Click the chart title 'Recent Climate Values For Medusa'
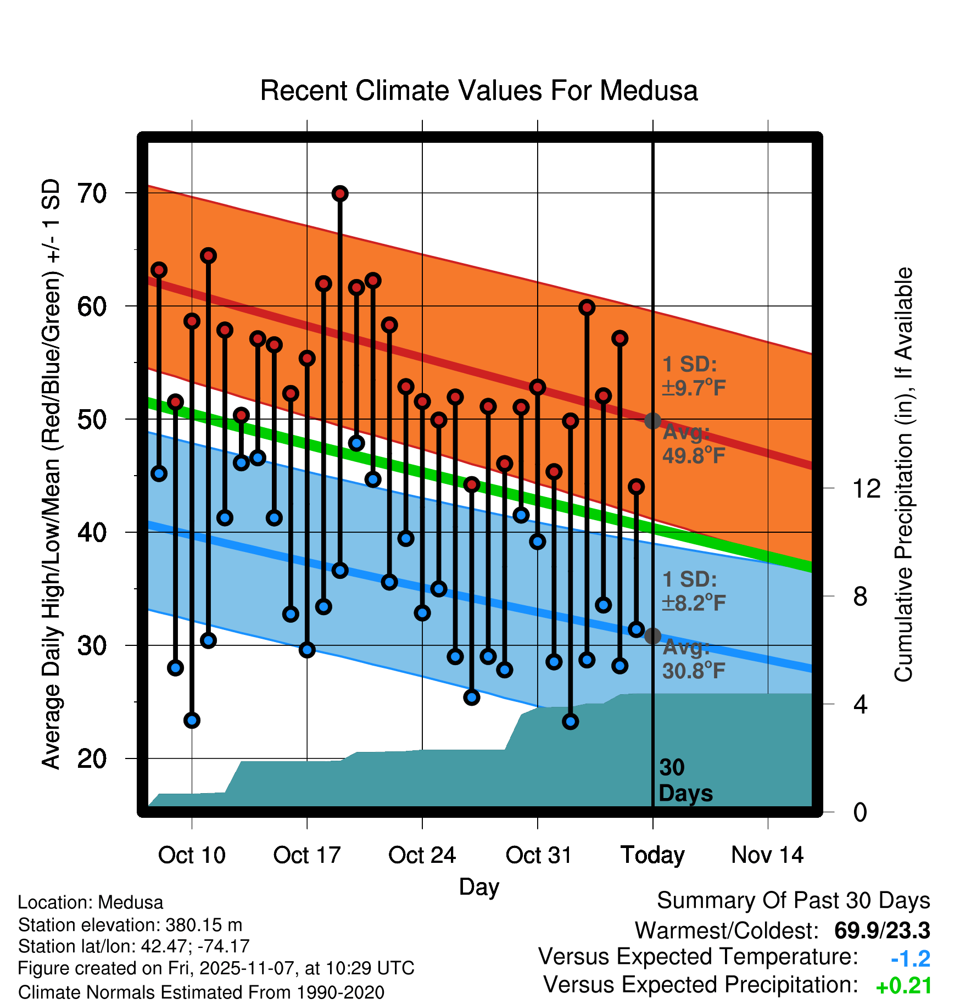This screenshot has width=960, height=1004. [x=478, y=91]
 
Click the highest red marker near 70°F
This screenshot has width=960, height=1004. [x=340, y=193]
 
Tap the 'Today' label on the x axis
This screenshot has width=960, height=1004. [x=652, y=855]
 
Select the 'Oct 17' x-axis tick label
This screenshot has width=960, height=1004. [x=307, y=855]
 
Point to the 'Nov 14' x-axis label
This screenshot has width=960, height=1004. [x=767, y=855]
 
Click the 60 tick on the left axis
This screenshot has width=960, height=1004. [x=92, y=306]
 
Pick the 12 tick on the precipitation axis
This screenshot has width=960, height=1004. [x=866, y=488]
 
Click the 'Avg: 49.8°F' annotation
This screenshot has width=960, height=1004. [x=693, y=444]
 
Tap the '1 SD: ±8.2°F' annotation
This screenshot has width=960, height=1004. [x=693, y=592]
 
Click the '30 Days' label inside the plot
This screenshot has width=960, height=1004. [x=685, y=780]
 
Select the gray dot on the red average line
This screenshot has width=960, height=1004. [x=652, y=421]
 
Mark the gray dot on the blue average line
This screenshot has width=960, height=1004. [x=652, y=636]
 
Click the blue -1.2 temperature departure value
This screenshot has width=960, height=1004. [x=910, y=959]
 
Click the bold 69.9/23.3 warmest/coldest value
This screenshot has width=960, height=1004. [x=881, y=930]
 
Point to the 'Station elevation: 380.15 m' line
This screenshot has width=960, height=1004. [x=130, y=925]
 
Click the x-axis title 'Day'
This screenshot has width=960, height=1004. [x=479, y=886]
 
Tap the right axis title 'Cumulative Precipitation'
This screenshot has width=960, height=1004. [x=903, y=475]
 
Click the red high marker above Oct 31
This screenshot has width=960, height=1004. [x=538, y=387]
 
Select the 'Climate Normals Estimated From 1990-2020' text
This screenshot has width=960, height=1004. [x=201, y=992]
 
